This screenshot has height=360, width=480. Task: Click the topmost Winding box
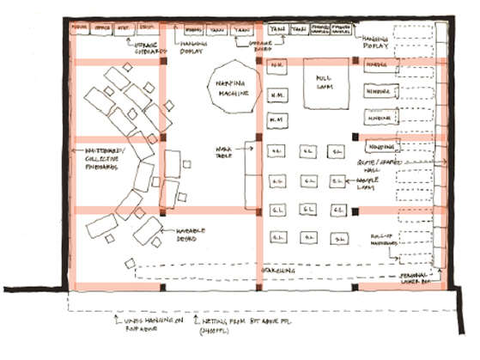click(378, 65)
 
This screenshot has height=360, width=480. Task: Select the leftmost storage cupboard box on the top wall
click(81, 27)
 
